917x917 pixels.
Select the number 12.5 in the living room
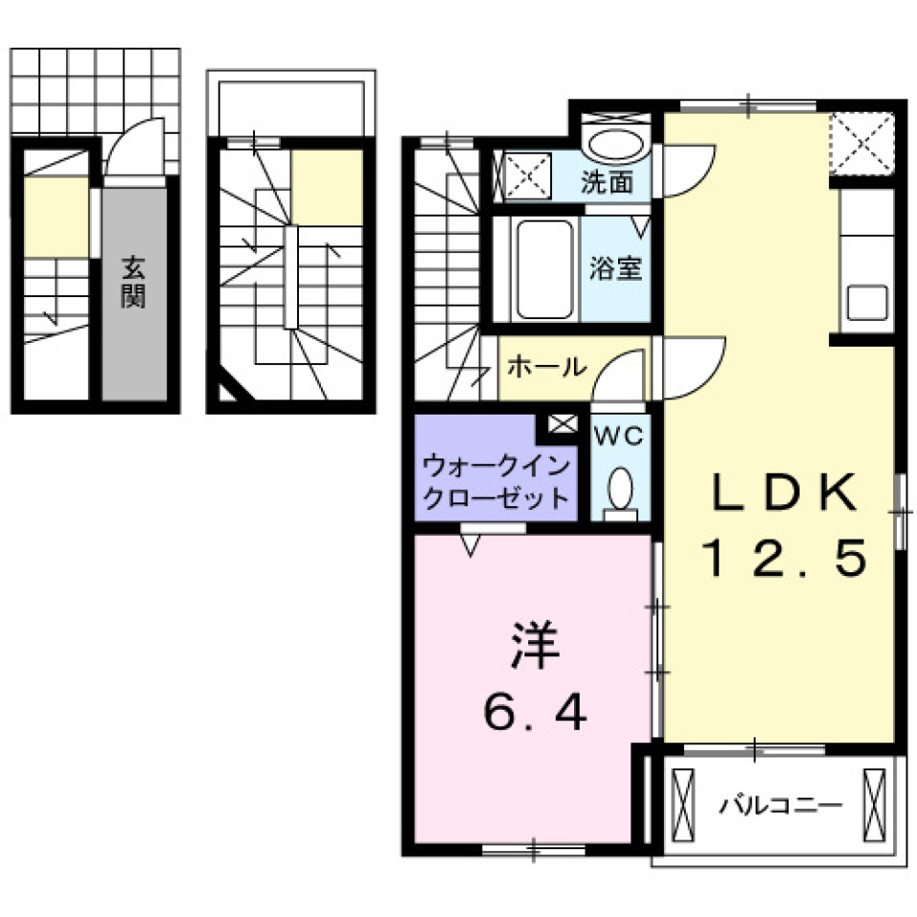point(785,557)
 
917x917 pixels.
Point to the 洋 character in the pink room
point(533,648)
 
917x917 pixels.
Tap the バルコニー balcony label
point(780,804)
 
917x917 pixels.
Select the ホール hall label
point(545,366)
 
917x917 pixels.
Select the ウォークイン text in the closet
point(497,467)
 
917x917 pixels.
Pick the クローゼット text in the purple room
point(497,498)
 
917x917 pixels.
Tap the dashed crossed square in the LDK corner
point(862,144)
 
